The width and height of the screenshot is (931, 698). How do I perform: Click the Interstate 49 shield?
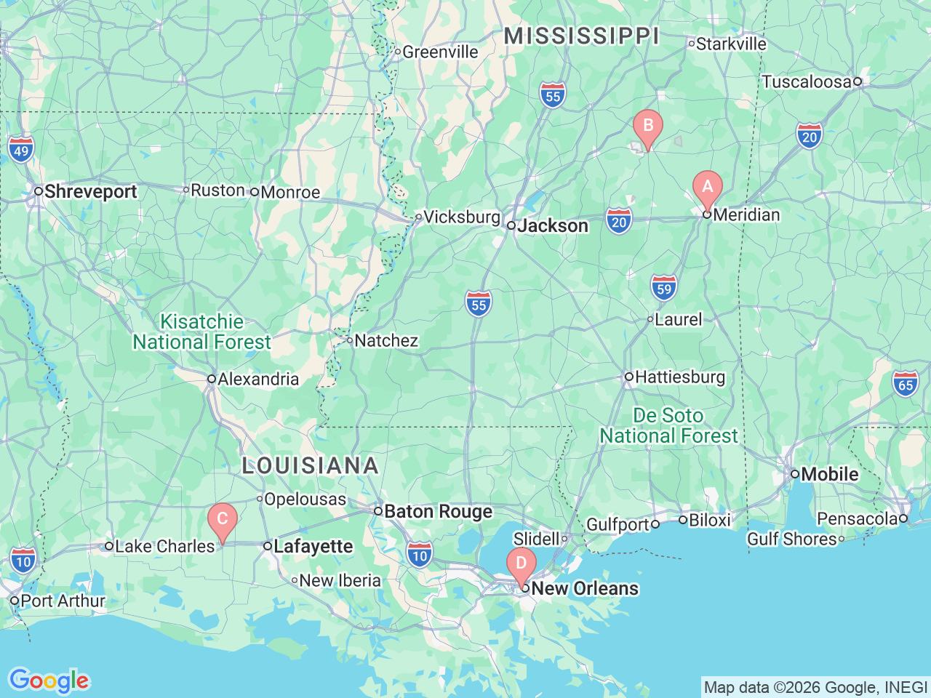point(21,151)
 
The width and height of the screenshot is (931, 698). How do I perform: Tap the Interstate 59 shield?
point(663,288)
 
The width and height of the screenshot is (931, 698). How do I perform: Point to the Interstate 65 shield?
point(906,384)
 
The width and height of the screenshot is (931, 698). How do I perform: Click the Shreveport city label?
point(90,192)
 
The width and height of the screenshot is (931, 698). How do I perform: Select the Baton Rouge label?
point(438,512)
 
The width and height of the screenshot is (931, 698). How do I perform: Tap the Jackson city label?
point(553,226)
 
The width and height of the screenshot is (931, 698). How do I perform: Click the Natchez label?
point(386,340)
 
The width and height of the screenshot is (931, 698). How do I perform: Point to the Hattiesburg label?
point(680,377)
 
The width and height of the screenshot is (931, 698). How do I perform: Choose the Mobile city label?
point(830,474)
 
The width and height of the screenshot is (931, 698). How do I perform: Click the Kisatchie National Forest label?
point(201,332)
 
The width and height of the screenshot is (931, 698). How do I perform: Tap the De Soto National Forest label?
point(668,425)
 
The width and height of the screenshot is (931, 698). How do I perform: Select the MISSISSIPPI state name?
point(581,36)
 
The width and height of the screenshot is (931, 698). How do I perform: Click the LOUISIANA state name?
point(311,465)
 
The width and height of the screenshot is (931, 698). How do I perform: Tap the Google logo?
point(49,681)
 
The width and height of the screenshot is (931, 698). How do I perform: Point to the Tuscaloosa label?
point(806,81)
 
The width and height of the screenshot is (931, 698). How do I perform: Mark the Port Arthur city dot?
point(15,601)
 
